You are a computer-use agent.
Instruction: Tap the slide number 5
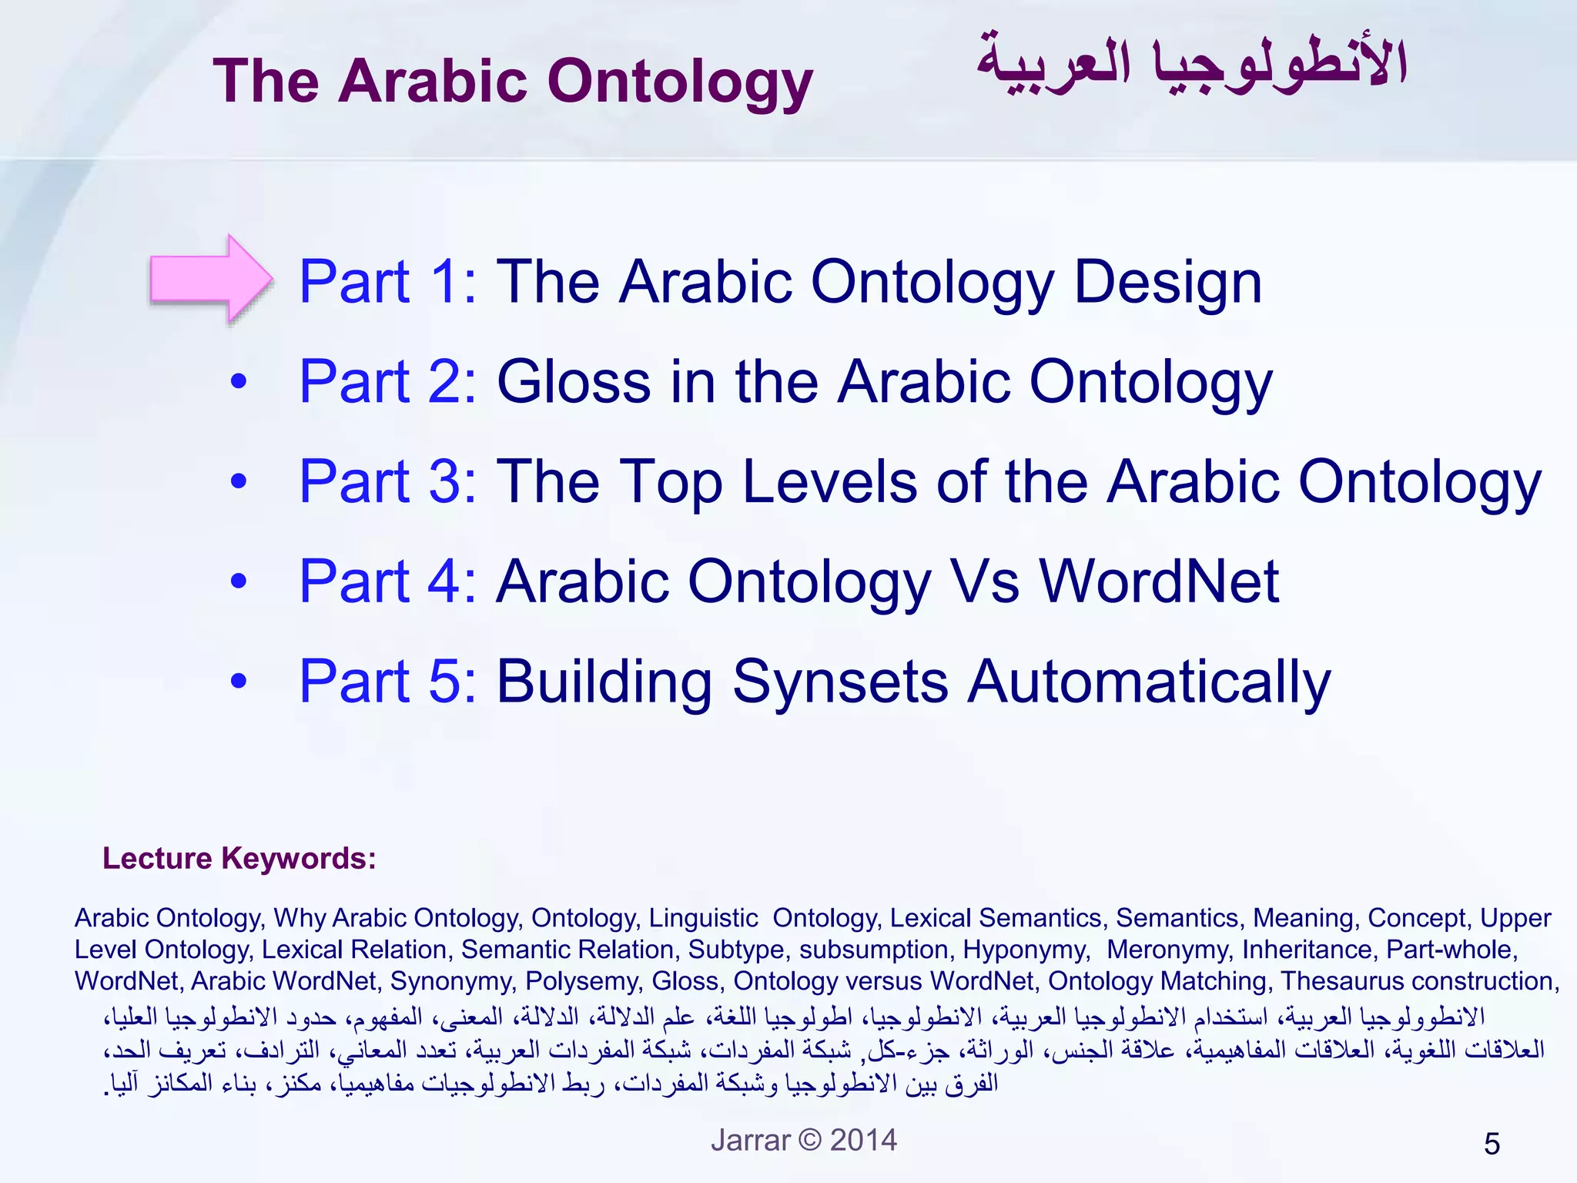coord(1492,1144)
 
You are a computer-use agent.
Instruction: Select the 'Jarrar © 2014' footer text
coord(803,1140)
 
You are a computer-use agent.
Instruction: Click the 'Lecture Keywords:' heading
coord(239,858)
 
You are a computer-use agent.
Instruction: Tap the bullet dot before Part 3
coord(239,481)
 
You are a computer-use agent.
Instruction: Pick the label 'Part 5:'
coord(387,682)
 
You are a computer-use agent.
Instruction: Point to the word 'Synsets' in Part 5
coord(840,682)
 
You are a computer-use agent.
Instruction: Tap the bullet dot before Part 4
coord(239,581)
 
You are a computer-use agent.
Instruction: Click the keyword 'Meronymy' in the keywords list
coord(1167,950)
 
